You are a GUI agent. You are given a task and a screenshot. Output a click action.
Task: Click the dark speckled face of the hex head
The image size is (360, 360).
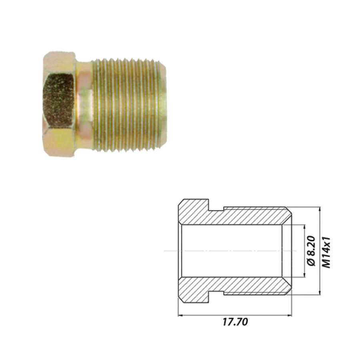tap(58, 100)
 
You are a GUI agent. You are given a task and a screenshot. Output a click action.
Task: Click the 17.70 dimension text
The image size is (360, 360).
tap(235, 322)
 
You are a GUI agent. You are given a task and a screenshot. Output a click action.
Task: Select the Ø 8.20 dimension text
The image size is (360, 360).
tap(311, 251)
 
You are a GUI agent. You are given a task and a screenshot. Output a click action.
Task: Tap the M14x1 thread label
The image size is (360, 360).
tap(326, 252)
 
